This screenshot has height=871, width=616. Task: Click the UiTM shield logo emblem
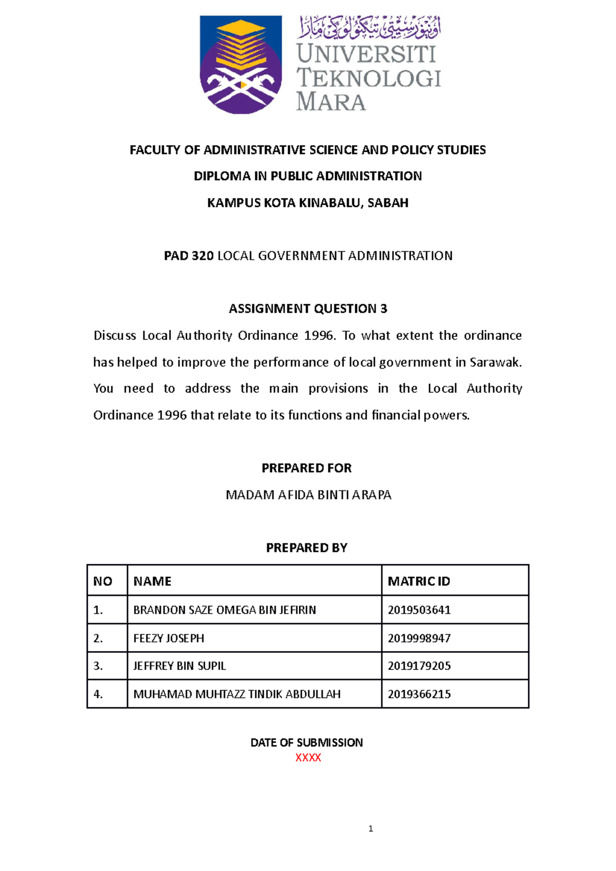pyautogui.click(x=241, y=64)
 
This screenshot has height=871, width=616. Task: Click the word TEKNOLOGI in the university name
pyautogui.click(x=369, y=78)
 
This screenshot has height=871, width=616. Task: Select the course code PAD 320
pyautogui.click(x=188, y=255)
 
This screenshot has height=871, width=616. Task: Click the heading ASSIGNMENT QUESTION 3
pyautogui.click(x=307, y=308)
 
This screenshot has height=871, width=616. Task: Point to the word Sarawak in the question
pyautogui.click(x=495, y=362)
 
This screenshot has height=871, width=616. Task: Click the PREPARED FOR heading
pyautogui.click(x=306, y=468)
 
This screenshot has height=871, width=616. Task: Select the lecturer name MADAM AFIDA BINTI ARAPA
pyautogui.click(x=309, y=494)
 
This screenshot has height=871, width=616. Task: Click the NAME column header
pyautogui.click(x=152, y=581)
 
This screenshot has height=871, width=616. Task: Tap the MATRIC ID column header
pyautogui.click(x=418, y=581)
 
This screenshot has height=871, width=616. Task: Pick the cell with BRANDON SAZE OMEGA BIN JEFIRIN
pyautogui.click(x=224, y=610)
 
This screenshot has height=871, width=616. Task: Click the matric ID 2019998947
pyautogui.click(x=419, y=638)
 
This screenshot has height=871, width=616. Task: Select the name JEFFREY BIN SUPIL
pyautogui.click(x=179, y=666)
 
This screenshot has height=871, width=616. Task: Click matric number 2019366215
pyautogui.click(x=419, y=694)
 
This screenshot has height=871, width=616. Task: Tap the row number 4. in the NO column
pyautogui.click(x=98, y=694)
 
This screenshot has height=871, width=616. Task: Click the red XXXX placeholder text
pyautogui.click(x=308, y=758)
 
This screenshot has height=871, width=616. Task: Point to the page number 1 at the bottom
pyautogui.click(x=371, y=828)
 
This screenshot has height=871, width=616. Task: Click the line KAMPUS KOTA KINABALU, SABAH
pyautogui.click(x=307, y=203)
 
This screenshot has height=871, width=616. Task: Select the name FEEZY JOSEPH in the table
pyautogui.click(x=168, y=638)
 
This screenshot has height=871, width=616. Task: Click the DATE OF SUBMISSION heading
pyautogui.click(x=306, y=742)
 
